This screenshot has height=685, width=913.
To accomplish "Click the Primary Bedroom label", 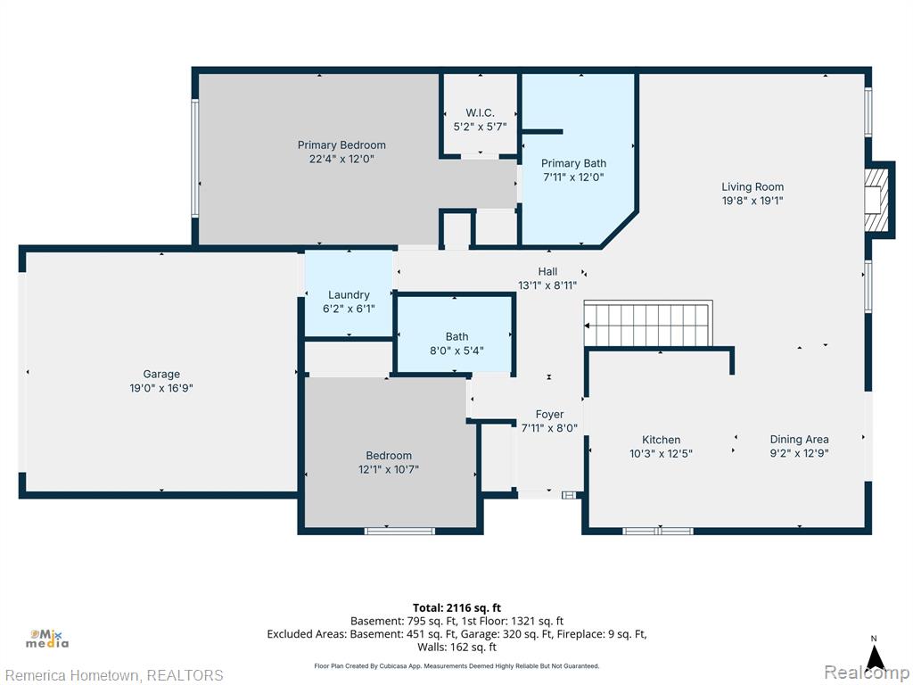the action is (x=341, y=145).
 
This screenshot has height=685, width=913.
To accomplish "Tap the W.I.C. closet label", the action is (x=480, y=113).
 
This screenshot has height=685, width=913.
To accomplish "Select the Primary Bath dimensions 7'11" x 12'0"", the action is (x=573, y=177).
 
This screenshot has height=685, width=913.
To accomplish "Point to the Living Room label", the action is (x=753, y=187).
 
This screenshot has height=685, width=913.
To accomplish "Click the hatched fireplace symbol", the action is (x=876, y=199).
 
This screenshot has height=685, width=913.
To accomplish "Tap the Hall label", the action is (x=547, y=271).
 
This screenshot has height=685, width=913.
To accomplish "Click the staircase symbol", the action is (x=649, y=324).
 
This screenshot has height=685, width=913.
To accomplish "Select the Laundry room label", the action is (x=349, y=295).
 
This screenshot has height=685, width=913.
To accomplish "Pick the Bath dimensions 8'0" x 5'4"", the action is (x=456, y=351).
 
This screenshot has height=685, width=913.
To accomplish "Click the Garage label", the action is (x=161, y=374).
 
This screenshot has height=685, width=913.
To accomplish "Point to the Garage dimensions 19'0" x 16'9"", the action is (x=161, y=388).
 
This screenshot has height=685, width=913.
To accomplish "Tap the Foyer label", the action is (x=549, y=414).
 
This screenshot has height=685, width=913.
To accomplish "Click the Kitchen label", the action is (x=661, y=440).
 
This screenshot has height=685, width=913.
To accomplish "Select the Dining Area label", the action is (x=799, y=440).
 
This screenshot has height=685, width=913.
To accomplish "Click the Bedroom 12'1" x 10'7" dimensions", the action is (x=389, y=469).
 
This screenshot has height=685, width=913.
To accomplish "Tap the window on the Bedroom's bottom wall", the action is (x=399, y=531).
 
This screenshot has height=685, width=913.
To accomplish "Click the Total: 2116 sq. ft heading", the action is (x=456, y=608).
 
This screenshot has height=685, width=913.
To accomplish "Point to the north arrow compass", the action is (x=874, y=654).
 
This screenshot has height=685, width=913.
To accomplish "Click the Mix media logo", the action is (x=48, y=639).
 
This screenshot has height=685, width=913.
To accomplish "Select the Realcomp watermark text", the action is (x=867, y=673).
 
